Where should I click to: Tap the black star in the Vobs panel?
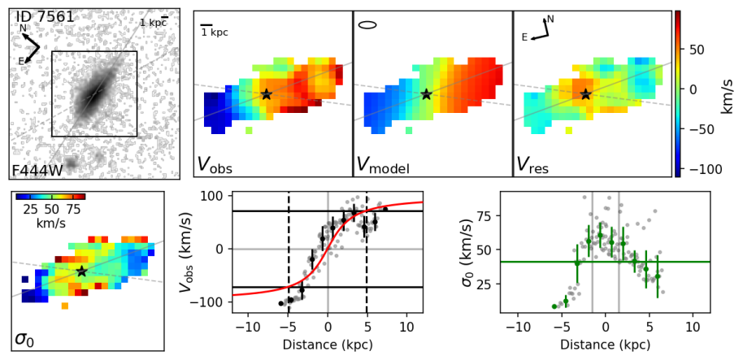point(266,94)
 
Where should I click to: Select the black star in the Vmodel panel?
point(426,94)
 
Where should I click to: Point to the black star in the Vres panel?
point(585,94)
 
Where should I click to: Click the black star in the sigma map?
point(81,271)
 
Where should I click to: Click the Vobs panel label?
point(215,164)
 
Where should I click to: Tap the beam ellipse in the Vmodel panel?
point(367,24)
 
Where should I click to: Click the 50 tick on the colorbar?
point(697,50)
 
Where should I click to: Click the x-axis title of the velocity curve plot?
point(328,345)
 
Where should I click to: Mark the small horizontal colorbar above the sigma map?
point(50,197)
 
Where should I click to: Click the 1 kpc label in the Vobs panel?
point(215,32)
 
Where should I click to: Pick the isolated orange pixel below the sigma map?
point(64,306)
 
